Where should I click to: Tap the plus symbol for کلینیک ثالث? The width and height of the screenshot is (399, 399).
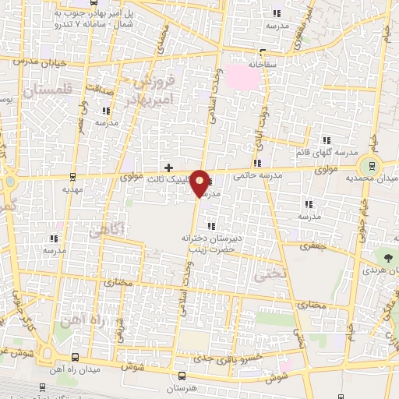168,168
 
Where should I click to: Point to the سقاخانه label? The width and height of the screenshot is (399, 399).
260,58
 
